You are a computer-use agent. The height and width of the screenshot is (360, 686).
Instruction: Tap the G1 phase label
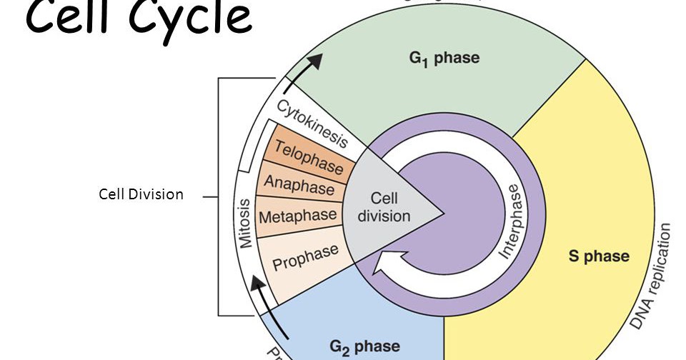pos(444,57)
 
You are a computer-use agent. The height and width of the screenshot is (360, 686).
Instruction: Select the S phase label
pos(598,256)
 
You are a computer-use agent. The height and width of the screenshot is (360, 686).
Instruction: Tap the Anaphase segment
pos(299,185)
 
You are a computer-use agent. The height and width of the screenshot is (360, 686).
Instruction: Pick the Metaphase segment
pos(297,215)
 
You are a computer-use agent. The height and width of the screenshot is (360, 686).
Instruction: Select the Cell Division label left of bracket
pos(141,194)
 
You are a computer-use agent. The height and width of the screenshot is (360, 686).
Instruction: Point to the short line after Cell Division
pos(209,195)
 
